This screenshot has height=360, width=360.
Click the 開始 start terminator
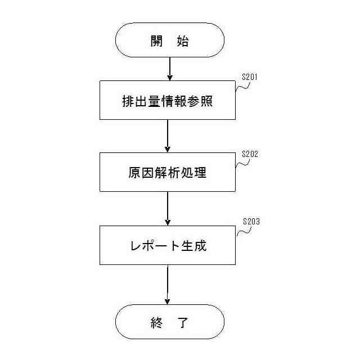pyautogui.click(x=169, y=40)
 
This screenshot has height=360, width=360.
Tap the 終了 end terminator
pyautogui.click(x=169, y=322)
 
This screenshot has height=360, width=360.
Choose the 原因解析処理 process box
pyautogui.click(x=168, y=172)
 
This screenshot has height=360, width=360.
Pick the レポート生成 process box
pyautogui.click(x=168, y=245)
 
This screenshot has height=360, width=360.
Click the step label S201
pyautogui.click(x=249, y=77)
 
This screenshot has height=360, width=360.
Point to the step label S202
pyautogui.click(x=249, y=154)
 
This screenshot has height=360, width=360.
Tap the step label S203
pyautogui.click(x=251, y=222)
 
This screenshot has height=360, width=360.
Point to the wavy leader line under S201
pyautogui.click(x=242, y=87)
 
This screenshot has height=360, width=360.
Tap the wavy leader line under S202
pyautogui.click(x=242, y=162)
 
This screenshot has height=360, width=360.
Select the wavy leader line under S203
pyautogui.click(x=244, y=231)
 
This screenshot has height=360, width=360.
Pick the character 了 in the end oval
pyautogui.click(x=182, y=322)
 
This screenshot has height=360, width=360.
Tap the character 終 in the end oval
pyautogui.click(x=156, y=322)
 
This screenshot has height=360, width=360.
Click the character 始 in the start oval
pyautogui.click(x=182, y=40)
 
